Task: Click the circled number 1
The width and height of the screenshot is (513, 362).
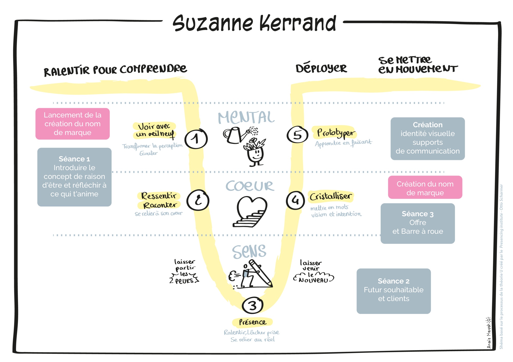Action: [196, 139]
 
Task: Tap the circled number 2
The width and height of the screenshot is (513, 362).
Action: [198, 200]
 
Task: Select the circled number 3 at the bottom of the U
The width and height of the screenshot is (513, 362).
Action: [253, 305]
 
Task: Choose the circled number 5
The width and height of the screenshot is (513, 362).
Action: [297, 135]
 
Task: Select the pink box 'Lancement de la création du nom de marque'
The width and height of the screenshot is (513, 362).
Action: [73, 124]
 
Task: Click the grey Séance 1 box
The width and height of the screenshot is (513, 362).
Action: [74, 177]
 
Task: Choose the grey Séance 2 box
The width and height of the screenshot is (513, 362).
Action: [393, 291]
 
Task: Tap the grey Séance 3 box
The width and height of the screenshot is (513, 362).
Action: [418, 223]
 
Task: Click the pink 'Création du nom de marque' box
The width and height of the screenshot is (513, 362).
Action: [425, 187]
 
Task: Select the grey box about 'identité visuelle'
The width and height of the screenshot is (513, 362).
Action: [428, 139]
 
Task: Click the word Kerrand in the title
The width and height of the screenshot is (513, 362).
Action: [298, 24]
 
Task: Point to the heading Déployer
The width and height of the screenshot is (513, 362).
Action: [321, 68]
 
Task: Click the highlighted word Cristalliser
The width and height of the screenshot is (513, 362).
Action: [331, 196]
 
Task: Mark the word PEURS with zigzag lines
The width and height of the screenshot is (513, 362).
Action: [184, 281]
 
